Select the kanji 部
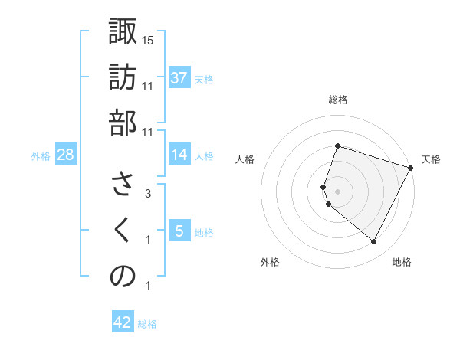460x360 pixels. coord(123,123)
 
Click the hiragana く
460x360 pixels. coord(123,231)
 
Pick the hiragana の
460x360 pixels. coord(123,277)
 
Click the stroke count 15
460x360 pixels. coord(149,40)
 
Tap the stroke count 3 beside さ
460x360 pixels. coord(147,195)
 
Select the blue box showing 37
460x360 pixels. coord(179,78)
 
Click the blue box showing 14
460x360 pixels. coord(179,155)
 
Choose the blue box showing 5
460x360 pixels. coord(179,231)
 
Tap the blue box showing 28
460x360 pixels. coord(66,155)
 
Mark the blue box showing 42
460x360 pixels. coord(123,322)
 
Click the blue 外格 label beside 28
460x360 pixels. coord(41,156)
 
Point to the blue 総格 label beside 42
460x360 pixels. coord(147,324)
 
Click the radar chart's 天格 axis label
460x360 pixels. coord(431,159)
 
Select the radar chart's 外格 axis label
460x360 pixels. coord(270,262)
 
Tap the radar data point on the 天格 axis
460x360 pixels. coord(411,167)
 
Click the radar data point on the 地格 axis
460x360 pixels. coord(374,242)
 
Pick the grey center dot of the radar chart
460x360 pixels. coord(337,191)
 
